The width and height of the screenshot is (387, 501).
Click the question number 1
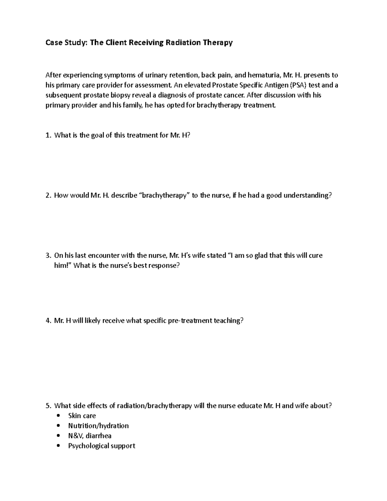48,135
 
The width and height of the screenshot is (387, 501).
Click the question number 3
48,256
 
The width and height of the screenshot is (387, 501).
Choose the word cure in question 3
315,256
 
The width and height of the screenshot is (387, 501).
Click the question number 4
48,321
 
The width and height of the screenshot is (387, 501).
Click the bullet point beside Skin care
58,416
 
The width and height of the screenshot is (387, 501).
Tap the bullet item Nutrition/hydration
98,426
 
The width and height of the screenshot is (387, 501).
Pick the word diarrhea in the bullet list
99,436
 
